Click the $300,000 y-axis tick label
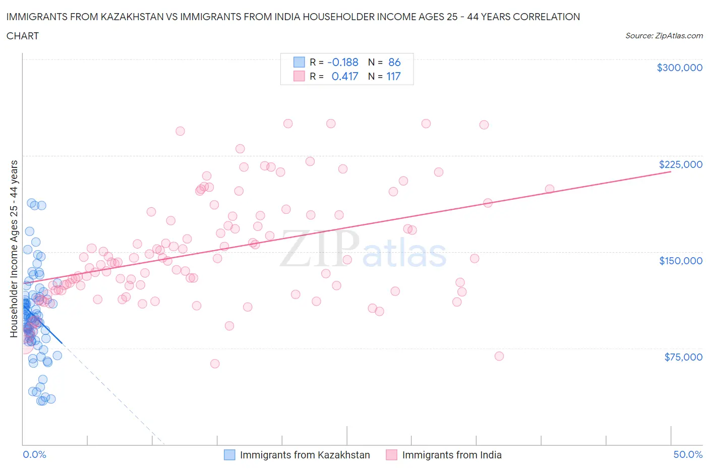pyautogui.click(x=679, y=68)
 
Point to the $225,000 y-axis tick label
pyautogui.click(x=680, y=164)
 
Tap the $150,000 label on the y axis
pyautogui.click(x=680, y=261)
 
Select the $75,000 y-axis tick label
pyautogui.click(x=683, y=357)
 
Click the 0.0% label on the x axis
pyautogui.click(x=34, y=454)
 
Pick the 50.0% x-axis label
pyautogui.click(x=688, y=454)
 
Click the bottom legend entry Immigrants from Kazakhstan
pyautogui.click(x=305, y=455)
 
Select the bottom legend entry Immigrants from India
pyautogui.click(x=451, y=455)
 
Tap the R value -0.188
pyautogui.click(x=342, y=62)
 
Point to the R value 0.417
pyautogui.click(x=344, y=76)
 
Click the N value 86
pyautogui.click(x=394, y=62)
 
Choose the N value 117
pyautogui.click(x=393, y=76)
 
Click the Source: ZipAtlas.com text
pyautogui.click(x=664, y=35)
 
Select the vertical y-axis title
pyautogui.click(x=14, y=249)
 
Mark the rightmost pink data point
pyautogui.click(x=550, y=189)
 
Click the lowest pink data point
pyautogui.click(x=215, y=364)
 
